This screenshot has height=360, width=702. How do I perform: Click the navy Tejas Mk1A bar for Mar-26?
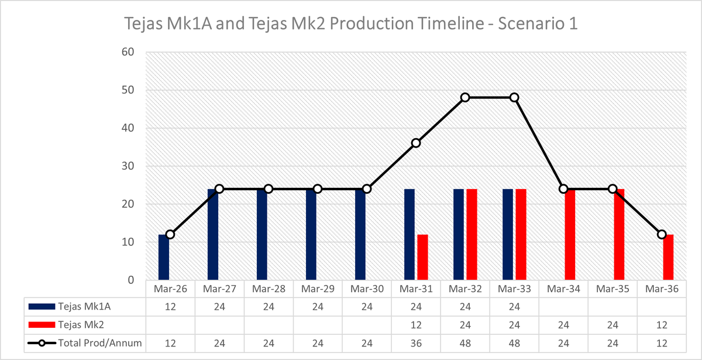(164, 257)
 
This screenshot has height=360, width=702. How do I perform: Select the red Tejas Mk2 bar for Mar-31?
(422, 257)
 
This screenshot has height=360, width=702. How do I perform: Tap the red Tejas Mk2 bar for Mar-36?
(668, 257)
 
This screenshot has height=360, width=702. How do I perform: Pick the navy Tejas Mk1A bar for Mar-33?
(508, 234)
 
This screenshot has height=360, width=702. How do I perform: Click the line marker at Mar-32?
(465, 97)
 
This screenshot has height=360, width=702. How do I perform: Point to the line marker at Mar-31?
(416, 143)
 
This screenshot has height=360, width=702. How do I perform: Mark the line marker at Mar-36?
(662, 234)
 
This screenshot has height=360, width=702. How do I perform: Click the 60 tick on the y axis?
(128, 52)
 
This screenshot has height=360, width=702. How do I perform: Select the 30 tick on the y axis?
(128, 166)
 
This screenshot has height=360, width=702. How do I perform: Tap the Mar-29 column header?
(318, 289)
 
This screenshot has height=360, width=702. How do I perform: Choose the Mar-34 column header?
(563, 289)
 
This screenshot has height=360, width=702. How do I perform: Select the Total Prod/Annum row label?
(100, 343)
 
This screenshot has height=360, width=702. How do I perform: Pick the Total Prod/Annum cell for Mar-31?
(416, 343)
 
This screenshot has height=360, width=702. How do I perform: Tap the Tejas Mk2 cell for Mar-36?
(662, 324)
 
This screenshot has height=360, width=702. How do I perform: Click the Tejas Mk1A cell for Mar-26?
(170, 306)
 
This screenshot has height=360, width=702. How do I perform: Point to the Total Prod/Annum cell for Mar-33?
(514, 343)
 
